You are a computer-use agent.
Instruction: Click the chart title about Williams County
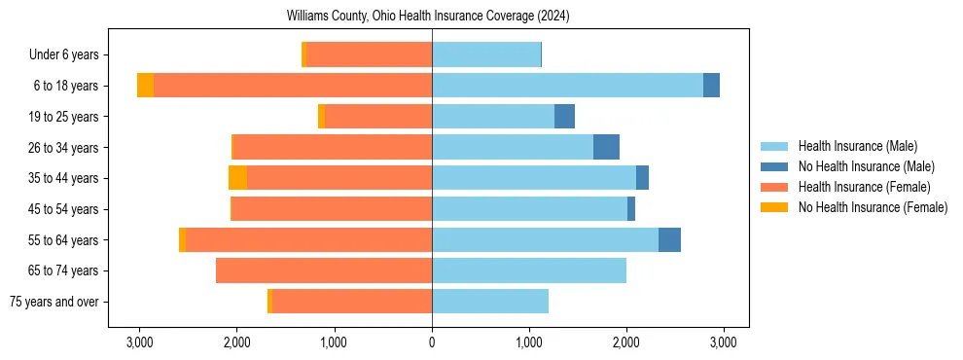point(428,17)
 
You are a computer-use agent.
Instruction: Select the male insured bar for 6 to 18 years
point(567,86)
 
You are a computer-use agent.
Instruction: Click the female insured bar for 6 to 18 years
point(293,86)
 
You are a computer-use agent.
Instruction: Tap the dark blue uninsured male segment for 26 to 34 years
point(606,147)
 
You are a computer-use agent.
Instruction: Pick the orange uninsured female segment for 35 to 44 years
point(237,178)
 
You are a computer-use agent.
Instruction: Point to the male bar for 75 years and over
point(490,302)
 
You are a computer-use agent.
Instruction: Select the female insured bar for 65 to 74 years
point(324,270)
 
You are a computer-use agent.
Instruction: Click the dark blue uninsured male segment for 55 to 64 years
point(669,239)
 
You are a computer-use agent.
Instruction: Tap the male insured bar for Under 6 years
point(486,54)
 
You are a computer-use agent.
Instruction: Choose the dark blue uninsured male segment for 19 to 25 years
point(564,117)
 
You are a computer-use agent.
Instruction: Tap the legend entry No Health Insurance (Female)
point(873,207)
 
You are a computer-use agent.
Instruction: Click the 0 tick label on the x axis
point(432,343)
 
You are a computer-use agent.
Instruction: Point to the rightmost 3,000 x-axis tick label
point(723,343)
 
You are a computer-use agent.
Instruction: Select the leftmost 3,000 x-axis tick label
point(140,343)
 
